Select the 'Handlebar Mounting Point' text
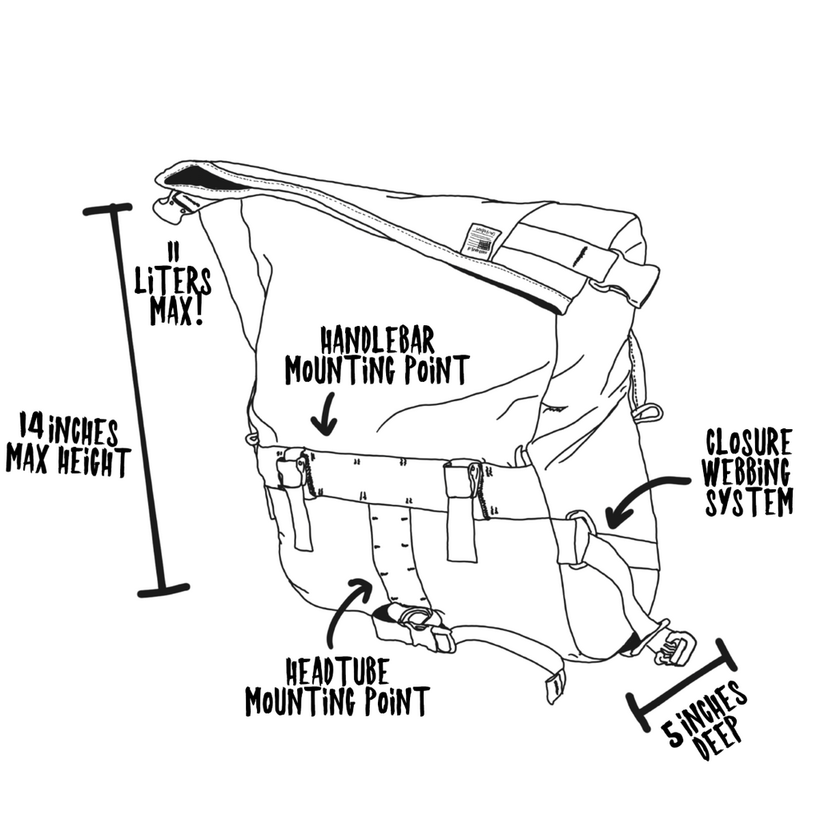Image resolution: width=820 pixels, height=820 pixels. tap(376, 356)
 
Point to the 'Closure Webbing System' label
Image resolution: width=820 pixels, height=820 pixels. tap(748, 472)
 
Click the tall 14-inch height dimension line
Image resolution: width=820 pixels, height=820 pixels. tap(141, 400)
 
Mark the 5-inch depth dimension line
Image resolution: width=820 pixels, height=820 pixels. tap(682, 685)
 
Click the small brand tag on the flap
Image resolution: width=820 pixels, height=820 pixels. tap(480, 238)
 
